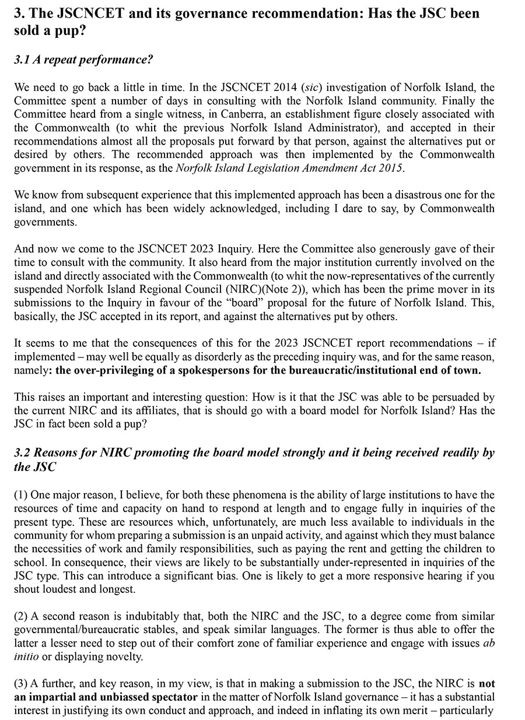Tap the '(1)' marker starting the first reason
click(21, 495)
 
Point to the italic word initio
click(26, 656)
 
